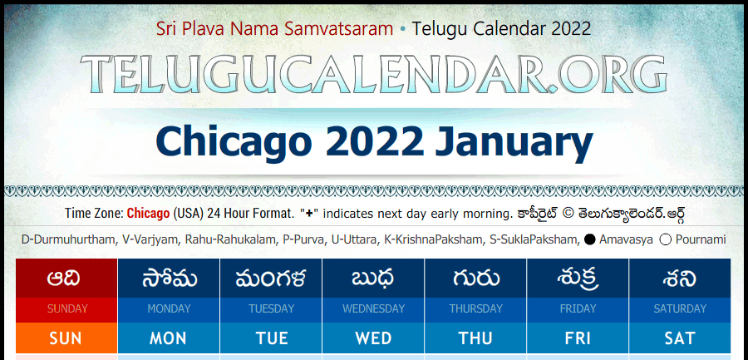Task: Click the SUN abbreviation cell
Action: [66, 338]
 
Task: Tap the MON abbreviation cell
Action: [169, 338]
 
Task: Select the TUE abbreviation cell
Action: [271, 338]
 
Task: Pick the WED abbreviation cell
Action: [373, 338]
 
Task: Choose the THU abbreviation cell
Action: [475, 338]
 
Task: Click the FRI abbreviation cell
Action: [578, 338]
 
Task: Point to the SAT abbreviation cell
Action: [680, 338]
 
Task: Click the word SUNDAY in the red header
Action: [66, 309]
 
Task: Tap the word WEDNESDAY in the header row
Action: [373, 309]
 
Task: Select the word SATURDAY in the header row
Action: [680, 309]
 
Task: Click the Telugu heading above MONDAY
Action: [169, 279]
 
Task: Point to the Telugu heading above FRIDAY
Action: [578, 279]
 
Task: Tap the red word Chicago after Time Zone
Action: [148, 214]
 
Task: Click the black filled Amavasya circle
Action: [589, 239]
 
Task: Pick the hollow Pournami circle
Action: [666, 239]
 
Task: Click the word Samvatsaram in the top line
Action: [339, 29]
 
